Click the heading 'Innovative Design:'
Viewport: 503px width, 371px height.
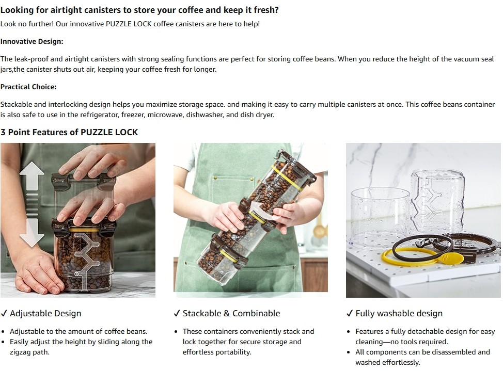pyautogui.click(x=32, y=41)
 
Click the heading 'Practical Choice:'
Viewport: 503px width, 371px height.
pyautogui.click(x=28, y=87)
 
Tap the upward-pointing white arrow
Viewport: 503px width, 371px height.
pyautogui.click(x=32, y=176)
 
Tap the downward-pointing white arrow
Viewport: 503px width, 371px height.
pyautogui.click(x=32, y=233)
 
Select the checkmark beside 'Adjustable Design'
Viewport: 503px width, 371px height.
pyautogui.click(x=4, y=313)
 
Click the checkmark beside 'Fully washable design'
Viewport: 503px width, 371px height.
pyautogui.click(x=350, y=313)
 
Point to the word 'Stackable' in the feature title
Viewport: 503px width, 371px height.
pyautogui.click(x=202, y=313)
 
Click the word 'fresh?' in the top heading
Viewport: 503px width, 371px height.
pyautogui.click(x=266, y=10)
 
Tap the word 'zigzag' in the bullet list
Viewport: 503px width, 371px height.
pyautogui.click(x=20, y=352)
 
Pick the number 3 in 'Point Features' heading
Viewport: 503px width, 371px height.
pyautogui.click(x=3, y=132)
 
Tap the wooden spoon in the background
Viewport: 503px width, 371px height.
pyautogui.click(x=318, y=228)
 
